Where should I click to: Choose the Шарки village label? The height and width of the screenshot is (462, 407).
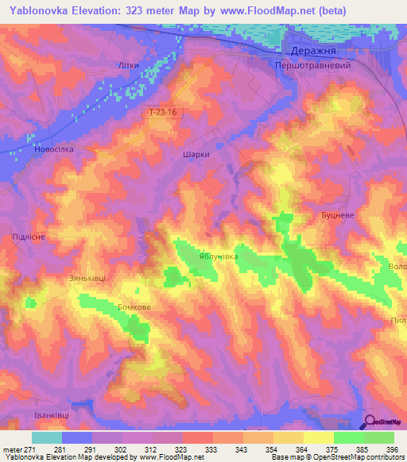196,156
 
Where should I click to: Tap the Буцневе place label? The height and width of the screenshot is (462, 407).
338,215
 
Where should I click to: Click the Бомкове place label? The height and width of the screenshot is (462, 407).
133,307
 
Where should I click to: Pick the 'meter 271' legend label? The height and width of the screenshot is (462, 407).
17,449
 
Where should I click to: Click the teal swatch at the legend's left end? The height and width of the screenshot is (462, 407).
46,437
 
